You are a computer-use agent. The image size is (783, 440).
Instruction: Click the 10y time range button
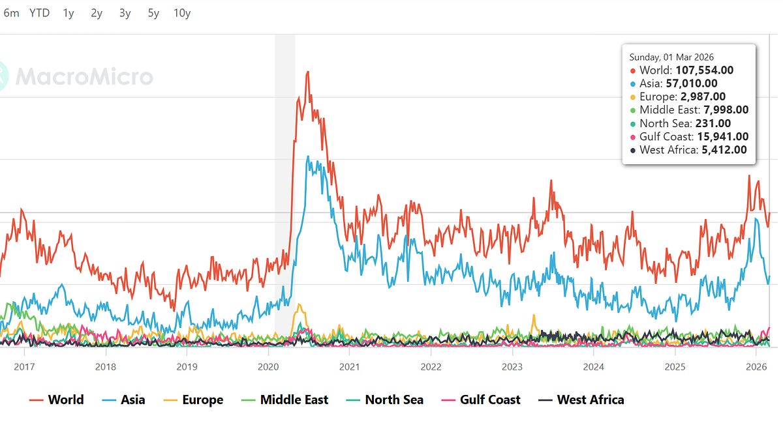(x=182, y=13)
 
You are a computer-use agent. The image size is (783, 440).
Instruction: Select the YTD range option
(x=39, y=13)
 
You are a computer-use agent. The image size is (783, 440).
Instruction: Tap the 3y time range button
(x=125, y=13)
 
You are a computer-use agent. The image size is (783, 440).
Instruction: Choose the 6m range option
(x=11, y=13)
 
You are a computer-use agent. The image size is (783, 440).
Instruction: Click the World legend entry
(x=57, y=400)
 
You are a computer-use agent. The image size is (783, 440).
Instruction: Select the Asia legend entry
(x=123, y=400)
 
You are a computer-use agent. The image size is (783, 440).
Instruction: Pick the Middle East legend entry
(x=285, y=400)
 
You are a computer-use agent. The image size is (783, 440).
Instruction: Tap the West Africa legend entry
(x=581, y=400)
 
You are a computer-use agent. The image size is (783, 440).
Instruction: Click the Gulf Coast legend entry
(x=481, y=400)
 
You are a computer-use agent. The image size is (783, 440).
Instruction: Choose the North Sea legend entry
(x=385, y=400)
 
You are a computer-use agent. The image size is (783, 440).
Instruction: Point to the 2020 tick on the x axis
(x=268, y=367)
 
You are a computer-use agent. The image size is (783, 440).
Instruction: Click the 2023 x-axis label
(x=512, y=367)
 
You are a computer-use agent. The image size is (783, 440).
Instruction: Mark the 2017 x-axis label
(x=24, y=367)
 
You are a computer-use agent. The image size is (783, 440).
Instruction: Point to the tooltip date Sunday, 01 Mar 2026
(x=671, y=57)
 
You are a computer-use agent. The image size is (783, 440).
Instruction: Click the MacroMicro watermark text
(x=84, y=77)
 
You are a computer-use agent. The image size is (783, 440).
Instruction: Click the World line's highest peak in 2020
(x=307, y=72)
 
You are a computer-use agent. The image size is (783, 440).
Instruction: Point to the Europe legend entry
(x=193, y=400)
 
